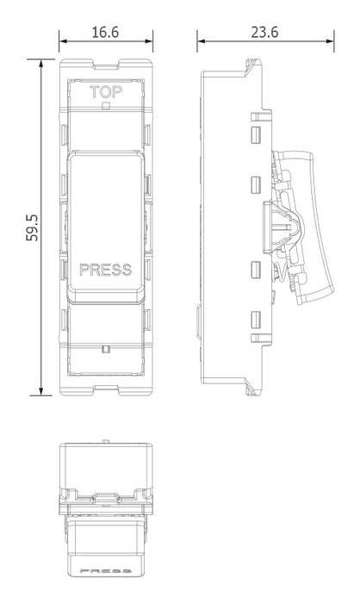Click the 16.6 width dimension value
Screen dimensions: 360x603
click(105, 33)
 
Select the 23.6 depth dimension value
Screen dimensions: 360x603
click(264, 33)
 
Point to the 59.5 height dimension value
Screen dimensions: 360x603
click(33, 227)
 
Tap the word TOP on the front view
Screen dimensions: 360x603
click(106, 92)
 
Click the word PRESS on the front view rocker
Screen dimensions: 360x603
click(106, 270)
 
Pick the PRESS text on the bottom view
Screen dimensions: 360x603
click(106, 571)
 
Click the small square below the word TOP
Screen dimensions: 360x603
click(106, 105)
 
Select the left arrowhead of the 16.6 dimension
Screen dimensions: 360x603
click(63, 41)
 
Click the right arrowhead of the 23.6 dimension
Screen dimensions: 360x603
click(331, 41)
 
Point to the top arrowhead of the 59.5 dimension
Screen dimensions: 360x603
click(40, 63)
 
